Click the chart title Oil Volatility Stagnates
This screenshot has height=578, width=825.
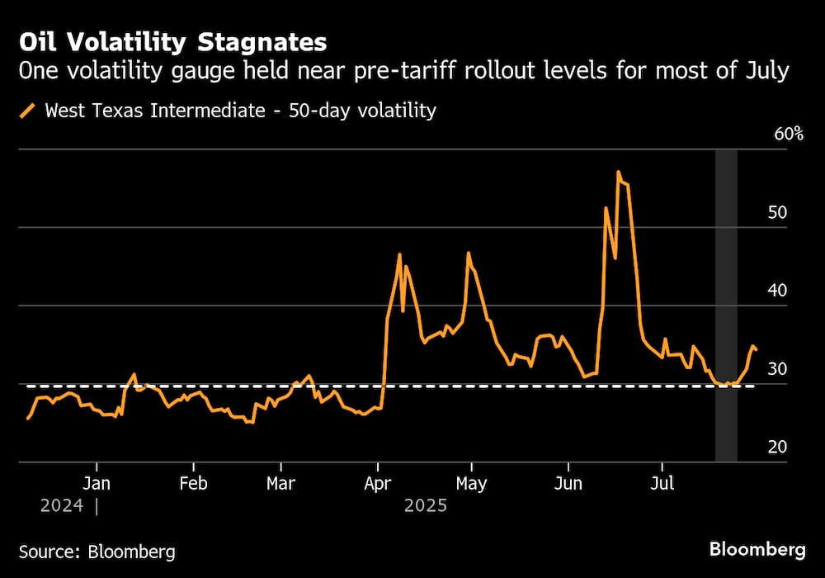172,42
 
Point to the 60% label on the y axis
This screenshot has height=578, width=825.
789,134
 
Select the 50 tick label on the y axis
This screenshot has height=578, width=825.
778,212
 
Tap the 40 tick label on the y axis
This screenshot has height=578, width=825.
778,291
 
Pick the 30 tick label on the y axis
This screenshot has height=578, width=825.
778,369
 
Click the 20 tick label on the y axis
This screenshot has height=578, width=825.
778,447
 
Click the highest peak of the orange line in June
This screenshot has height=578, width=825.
618,172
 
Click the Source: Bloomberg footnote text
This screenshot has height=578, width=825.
97,551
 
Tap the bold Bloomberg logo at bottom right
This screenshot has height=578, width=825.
757,549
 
